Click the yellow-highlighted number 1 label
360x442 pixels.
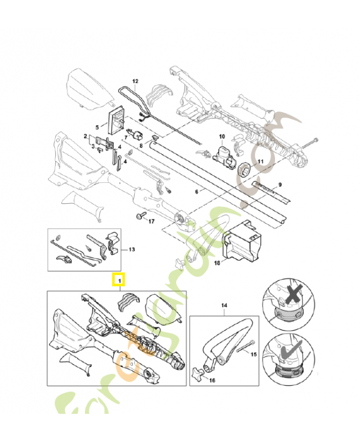tap(118, 280)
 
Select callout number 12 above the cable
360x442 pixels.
tap(135, 81)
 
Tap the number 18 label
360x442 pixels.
tap(218, 264)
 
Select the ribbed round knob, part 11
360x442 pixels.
tap(245, 168)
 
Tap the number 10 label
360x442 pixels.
tap(222, 136)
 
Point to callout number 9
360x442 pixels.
tap(279, 184)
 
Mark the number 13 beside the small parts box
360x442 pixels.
tap(131, 249)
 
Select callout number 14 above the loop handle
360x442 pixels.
tap(225, 305)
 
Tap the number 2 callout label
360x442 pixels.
tap(86, 135)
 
